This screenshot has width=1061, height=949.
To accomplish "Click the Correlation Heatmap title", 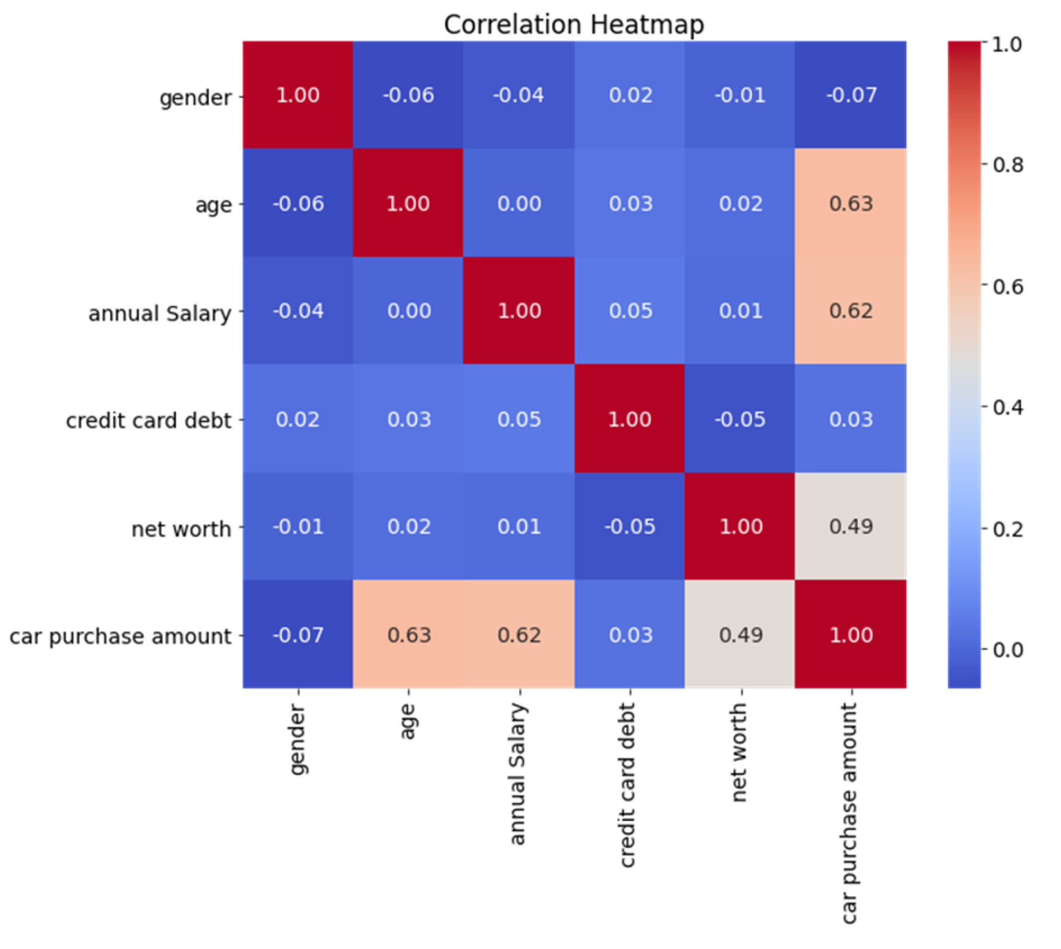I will [x=574, y=25].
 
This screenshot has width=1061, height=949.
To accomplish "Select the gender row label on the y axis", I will [x=195, y=97].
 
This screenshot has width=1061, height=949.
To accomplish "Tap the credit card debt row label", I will [x=148, y=421].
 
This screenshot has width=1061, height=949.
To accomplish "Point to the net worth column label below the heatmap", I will [x=739, y=752].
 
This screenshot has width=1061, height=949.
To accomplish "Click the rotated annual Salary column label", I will [x=517, y=773].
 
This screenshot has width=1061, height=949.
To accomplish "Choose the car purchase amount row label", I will [x=120, y=636].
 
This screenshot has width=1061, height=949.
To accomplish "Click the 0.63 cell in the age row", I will [x=851, y=204].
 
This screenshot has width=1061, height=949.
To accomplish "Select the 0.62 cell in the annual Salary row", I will [x=851, y=311].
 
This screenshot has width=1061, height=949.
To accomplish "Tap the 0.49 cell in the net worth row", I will [x=851, y=526].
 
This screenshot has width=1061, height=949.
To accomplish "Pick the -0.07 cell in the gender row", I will [x=851, y=95].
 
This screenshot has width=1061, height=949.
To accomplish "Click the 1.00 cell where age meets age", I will [x=408, y=204].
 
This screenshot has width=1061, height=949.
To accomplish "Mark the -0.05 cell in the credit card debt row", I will [x=740, y=419].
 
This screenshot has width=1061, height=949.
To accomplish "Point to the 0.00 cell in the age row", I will [x=519, y=204].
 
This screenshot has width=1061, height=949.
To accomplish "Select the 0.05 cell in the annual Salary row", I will [x=630, y=311].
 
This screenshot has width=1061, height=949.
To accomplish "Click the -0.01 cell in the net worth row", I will [x=298, y=526].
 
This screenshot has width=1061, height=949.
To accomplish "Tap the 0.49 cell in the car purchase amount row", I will [x=740, y=635].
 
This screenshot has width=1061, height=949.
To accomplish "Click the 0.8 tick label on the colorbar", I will [x=1007, y=165].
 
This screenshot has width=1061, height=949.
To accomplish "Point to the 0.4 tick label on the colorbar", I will [x=1007, y=408].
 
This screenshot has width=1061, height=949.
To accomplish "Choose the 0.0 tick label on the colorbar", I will [x=1007, y=650].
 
